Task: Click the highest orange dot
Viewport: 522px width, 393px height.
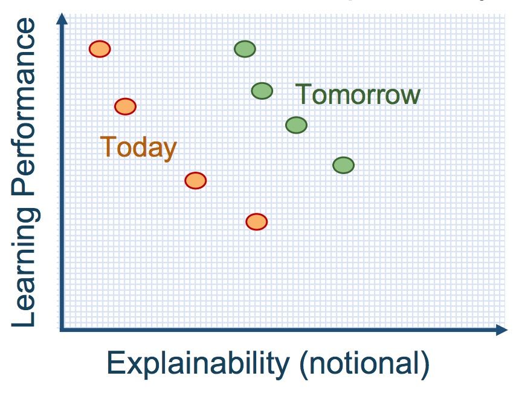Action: [x=100, y=49]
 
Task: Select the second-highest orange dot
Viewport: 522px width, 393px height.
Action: [x=125, y=106]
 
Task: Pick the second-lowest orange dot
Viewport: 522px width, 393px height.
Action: [x=195, y=180]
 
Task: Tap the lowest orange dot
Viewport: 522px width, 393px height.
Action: [x=256, y=222]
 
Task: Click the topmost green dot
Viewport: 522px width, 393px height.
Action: [x=245, y=49]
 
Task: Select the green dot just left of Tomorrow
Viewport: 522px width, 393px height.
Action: [x=262, y=91]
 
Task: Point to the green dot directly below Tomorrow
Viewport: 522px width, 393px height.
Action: [x=296, y=125]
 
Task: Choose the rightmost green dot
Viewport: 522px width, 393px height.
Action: [x=343, y=164]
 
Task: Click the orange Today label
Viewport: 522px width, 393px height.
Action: [x=138, y=147]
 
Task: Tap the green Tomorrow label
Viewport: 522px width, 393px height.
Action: [x=358, y=95]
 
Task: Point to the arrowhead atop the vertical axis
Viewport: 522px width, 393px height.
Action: [x=61, y=18]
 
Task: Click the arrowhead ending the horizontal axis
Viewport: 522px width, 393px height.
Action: [x=501, y=330]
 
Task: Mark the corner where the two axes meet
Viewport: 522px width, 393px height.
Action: [x=61, y=330]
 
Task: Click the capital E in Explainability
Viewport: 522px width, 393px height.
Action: [x=115, y=364]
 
